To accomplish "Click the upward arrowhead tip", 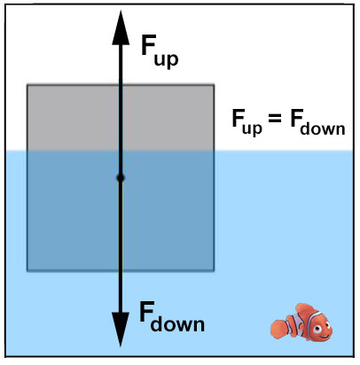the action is coord(121,11).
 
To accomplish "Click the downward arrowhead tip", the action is coord(121,346).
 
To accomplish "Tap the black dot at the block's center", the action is coord(121,178).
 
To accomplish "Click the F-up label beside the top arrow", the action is coord(160,50).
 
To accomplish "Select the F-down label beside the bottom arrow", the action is coord(172,316).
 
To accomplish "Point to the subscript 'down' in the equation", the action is coord(323,128).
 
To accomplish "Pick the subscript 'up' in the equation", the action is coord(252,128).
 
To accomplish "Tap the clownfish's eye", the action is coord(318,329).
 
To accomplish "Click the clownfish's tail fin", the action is coord(279,329).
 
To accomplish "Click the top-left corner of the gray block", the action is coord(27,85).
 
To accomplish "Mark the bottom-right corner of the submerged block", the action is coord(214,270).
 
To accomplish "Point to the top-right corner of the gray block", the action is coord(214,85).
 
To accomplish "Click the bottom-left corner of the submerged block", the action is coord(27,270).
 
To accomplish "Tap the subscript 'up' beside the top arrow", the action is coord(167,60).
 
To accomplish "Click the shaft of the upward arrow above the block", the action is coord(121,65).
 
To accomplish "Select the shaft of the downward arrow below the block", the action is coord(121,291).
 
